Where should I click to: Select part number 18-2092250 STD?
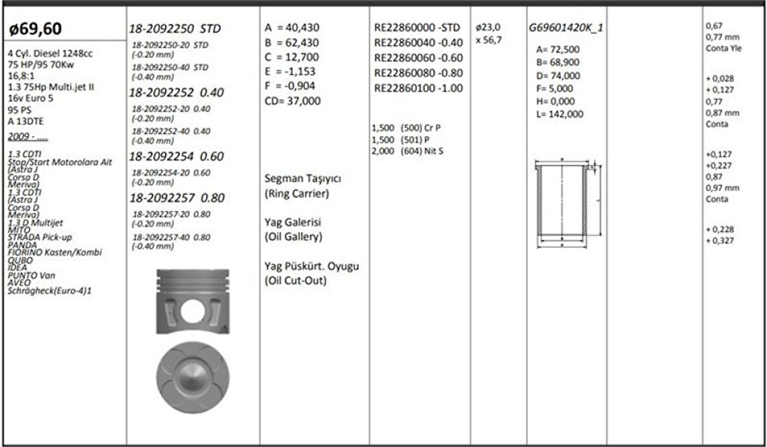point(175,29)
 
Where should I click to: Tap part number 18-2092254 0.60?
point(176,157)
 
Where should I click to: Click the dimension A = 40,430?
point(292,29)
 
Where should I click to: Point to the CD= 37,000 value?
point(292,101)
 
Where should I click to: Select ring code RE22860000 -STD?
point(417,28)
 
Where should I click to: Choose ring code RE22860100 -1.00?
point(418,88)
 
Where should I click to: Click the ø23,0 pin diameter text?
point(488,28)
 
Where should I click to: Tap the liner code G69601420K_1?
point(565,29)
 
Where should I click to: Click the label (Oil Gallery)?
point(293,237)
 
